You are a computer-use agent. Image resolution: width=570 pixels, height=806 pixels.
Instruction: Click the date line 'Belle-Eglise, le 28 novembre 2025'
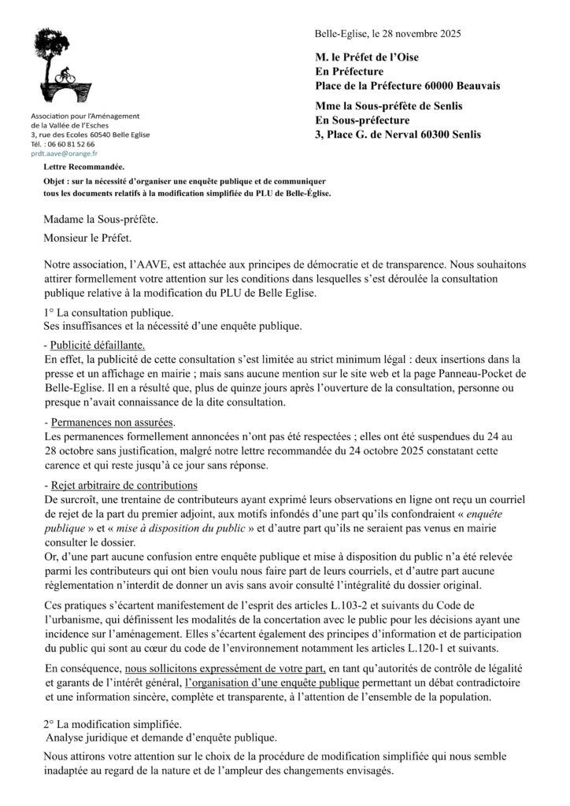[x=387, y=34]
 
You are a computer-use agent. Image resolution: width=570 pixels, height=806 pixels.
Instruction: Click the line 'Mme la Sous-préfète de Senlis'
[x=388, y=106]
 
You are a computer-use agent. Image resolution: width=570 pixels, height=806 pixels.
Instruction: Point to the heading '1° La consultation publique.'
[x=109, y=312]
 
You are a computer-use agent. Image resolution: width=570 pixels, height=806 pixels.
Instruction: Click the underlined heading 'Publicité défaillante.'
[x=98, y=346]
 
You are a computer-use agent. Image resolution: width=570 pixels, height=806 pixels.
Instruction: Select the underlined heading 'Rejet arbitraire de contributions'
[x=124, y=483]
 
